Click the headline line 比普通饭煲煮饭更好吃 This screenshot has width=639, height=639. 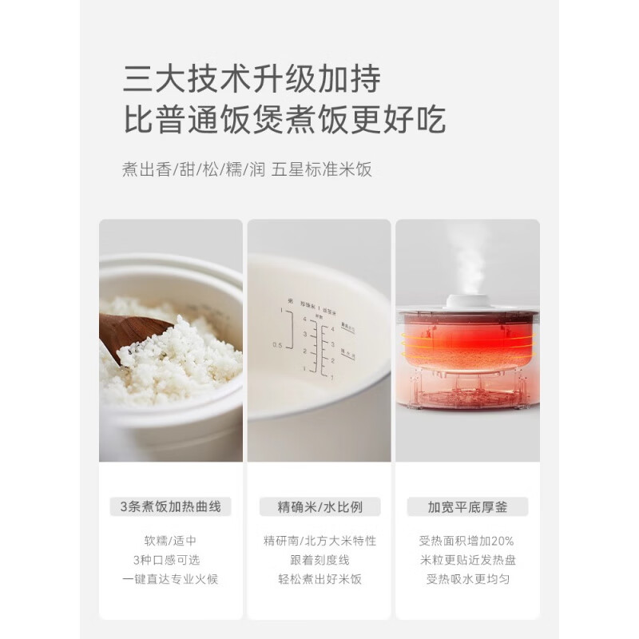(284, 121)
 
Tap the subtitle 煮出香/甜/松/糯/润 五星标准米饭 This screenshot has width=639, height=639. (248, 169)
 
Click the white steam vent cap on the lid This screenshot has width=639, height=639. (467, 301)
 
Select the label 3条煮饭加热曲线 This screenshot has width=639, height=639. (170, 506)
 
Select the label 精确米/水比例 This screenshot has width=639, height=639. (319, 506)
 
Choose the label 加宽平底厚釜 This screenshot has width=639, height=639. (467, 506)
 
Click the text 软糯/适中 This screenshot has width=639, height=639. (170, 539)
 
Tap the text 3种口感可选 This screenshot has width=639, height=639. (170, 559)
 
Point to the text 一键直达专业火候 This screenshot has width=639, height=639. (170, 579)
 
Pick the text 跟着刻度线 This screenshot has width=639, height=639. (319, 559)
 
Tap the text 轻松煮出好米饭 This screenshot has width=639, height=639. (319, 579)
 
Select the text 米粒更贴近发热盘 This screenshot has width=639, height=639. (467, 559)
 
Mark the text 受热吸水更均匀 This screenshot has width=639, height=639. (467, 579)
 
